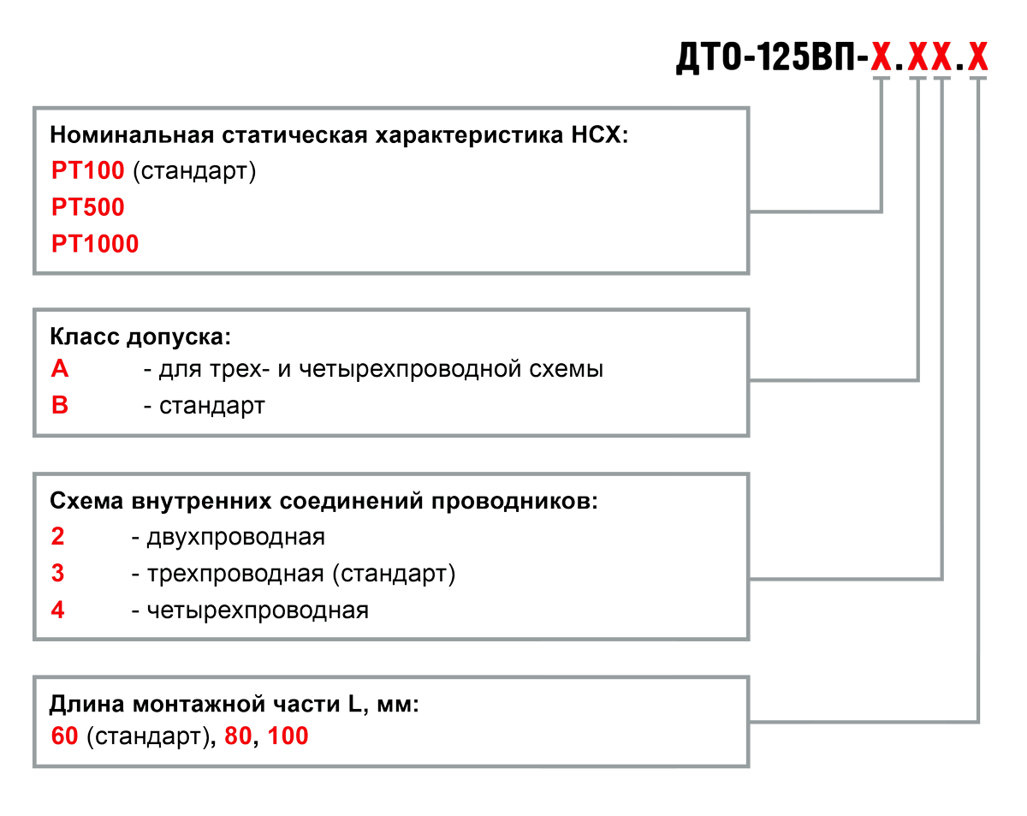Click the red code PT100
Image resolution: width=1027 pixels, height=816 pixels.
tap(87, 171)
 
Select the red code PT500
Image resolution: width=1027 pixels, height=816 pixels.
tap(87, 207)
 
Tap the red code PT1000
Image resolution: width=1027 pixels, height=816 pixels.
tap(94, 244)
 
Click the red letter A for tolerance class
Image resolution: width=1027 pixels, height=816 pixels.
tap(59, 369)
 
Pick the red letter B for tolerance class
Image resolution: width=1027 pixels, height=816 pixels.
tap(59, 405)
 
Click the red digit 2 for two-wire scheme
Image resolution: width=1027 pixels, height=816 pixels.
tap(57, 537)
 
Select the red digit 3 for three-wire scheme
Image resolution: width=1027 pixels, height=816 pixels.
tap(57, 573)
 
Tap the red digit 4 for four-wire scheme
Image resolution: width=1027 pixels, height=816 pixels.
tap(57, 611)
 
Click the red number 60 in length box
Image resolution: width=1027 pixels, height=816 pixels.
tap(64, 736)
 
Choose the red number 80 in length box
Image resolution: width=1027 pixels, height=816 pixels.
tap(239, 736)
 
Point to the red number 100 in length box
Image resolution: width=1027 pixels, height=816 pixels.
tap(288, 736)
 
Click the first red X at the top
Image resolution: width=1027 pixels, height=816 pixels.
tap(881, 57)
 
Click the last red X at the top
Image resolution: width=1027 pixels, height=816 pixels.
tap(977, 57)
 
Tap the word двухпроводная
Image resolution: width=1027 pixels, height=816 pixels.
tap(235, 537)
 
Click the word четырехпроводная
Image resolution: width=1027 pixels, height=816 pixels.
tap(257, 611)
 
